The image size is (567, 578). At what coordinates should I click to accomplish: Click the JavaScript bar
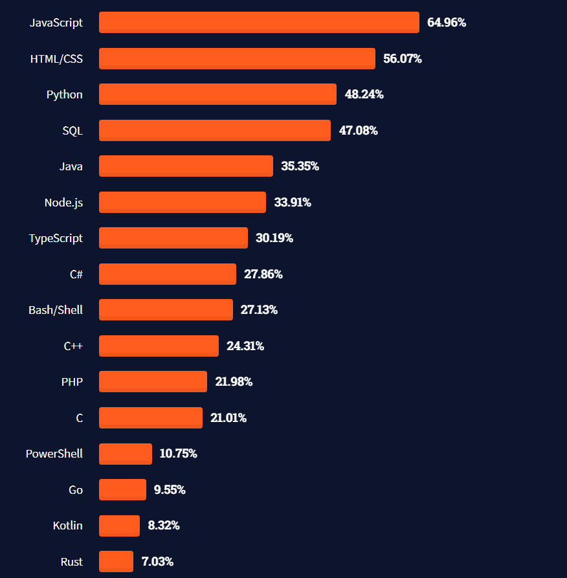259,23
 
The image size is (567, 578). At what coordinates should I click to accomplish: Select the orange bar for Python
217,94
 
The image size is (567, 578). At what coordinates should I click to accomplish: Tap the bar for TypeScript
173,238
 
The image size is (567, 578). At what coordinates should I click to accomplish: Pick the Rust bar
116,561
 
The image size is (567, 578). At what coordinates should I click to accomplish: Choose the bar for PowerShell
125,454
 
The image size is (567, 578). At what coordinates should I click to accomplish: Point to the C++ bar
159,346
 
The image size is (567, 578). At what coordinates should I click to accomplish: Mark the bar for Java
186,166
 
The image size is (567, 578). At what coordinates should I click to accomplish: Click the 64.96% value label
447,23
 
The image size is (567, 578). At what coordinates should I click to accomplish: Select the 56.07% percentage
403,59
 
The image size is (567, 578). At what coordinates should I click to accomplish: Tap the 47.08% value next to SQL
359,131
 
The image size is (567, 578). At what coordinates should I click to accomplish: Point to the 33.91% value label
293,203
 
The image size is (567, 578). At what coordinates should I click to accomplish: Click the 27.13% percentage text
259,310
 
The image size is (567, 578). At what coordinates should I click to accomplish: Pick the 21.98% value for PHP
234,382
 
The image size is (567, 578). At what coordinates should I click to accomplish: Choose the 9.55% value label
170,490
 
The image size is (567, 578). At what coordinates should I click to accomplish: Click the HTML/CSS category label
56,59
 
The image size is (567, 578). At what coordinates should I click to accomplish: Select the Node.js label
63,203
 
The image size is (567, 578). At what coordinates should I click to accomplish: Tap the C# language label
76,274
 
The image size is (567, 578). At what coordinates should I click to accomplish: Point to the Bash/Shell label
56,310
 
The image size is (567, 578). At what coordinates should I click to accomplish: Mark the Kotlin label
68,526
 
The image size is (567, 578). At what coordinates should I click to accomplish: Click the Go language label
76,490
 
